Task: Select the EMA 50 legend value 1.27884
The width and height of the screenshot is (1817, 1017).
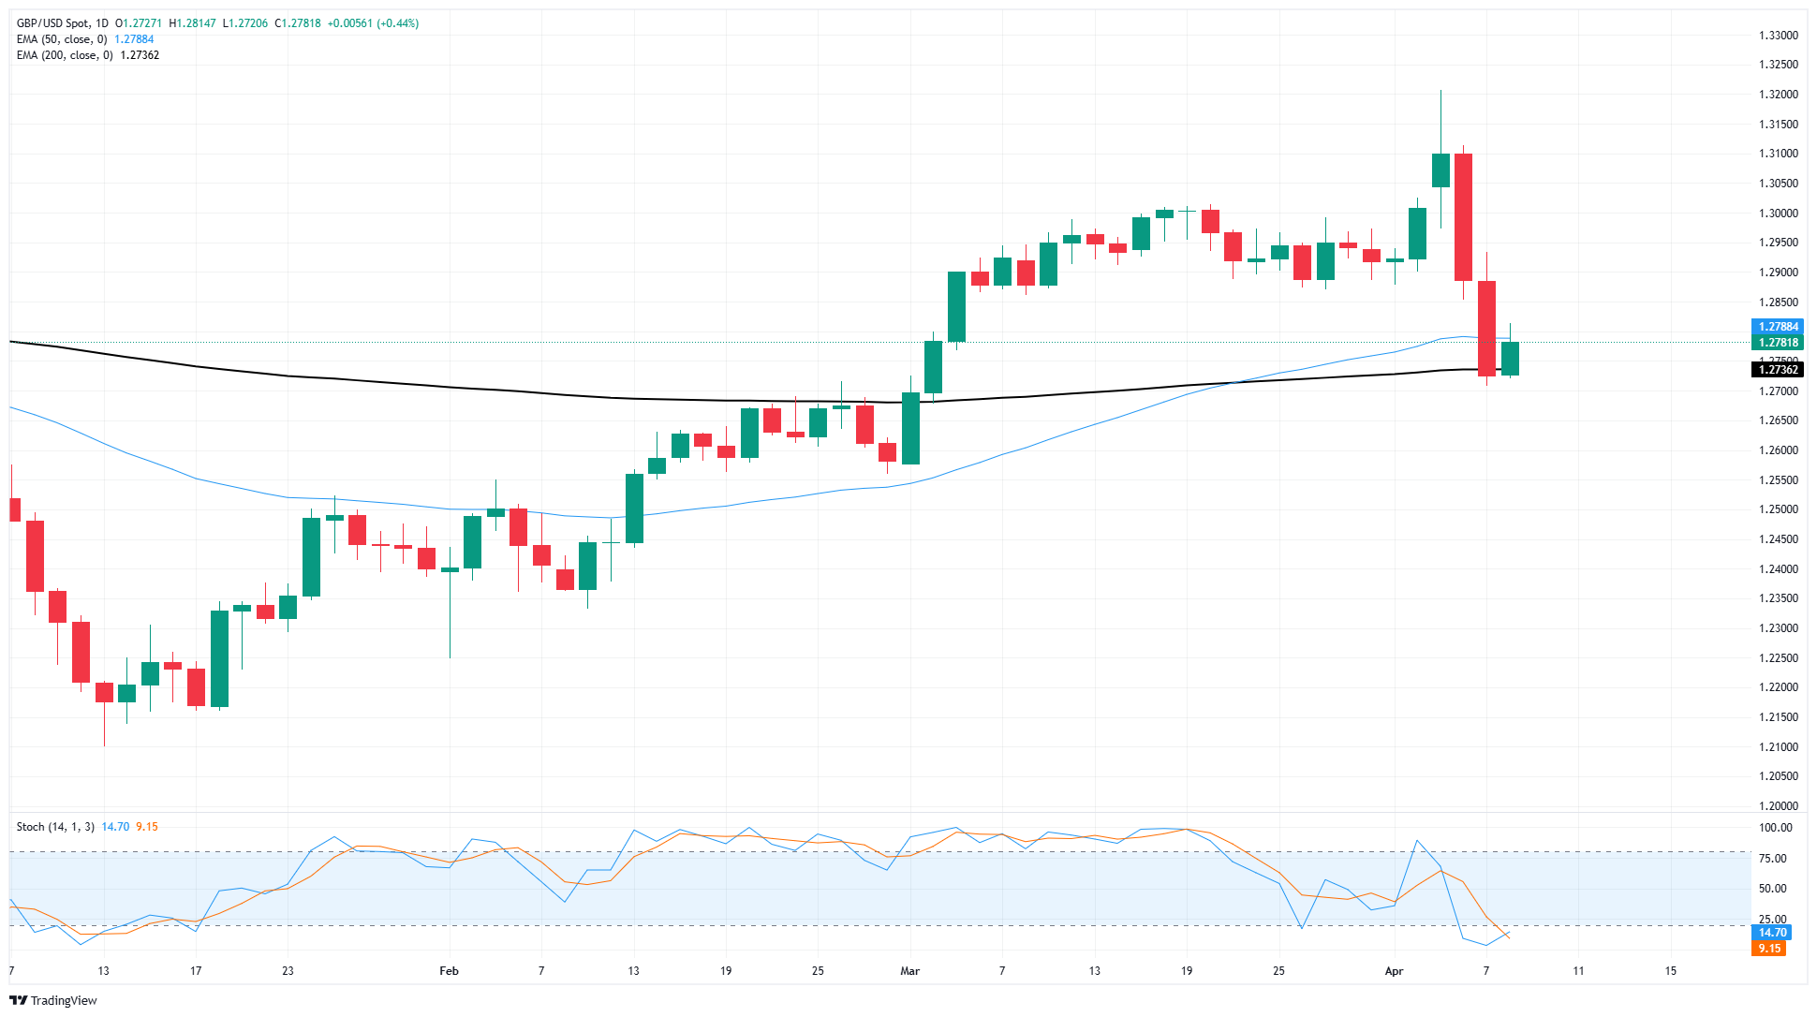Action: pos(134,39)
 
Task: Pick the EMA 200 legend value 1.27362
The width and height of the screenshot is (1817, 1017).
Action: pos(140,55)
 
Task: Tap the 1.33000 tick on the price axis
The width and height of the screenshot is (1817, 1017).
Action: pos(1778,36)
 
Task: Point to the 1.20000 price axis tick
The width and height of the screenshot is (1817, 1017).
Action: pos(1778,806)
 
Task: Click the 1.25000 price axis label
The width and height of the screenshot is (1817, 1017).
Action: pos(1778,509)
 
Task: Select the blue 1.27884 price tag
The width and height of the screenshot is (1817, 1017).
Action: pos(1778,327)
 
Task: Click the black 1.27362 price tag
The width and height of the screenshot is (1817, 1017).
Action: pos(1778,370)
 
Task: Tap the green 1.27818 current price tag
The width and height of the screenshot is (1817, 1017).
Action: pos(1778,343)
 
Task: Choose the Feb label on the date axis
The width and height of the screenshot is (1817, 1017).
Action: pos(449,971)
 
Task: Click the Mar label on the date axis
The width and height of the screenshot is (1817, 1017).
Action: pos(909,971)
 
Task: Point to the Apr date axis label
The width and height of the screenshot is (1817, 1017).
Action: pos(1394,971)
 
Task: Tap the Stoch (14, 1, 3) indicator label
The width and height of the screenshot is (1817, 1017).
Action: pos(55,827)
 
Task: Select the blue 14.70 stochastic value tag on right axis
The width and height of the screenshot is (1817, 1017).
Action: pos(1772,933)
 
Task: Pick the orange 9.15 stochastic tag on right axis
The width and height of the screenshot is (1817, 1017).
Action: pos(1769,949)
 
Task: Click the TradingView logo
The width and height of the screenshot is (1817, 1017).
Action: pos(53,1000)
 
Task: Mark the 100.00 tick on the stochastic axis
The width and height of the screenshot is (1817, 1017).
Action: pos(1775,828)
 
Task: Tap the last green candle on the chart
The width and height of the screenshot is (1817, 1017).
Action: pos(1510,359)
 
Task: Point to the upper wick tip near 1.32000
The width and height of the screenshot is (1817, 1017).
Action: pos(1440,91)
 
